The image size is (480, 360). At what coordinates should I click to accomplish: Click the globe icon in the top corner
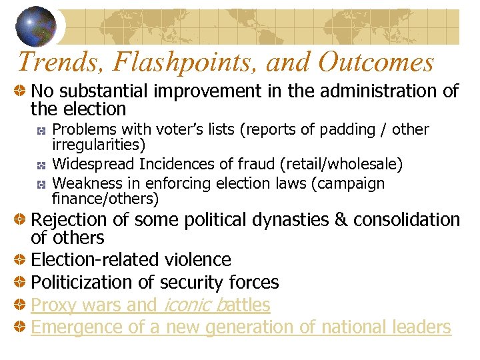36,25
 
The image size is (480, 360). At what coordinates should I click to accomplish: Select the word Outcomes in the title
376,63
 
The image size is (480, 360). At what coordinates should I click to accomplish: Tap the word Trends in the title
52,63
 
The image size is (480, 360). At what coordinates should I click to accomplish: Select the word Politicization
81,282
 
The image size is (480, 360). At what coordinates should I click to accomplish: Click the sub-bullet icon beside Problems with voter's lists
41,130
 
